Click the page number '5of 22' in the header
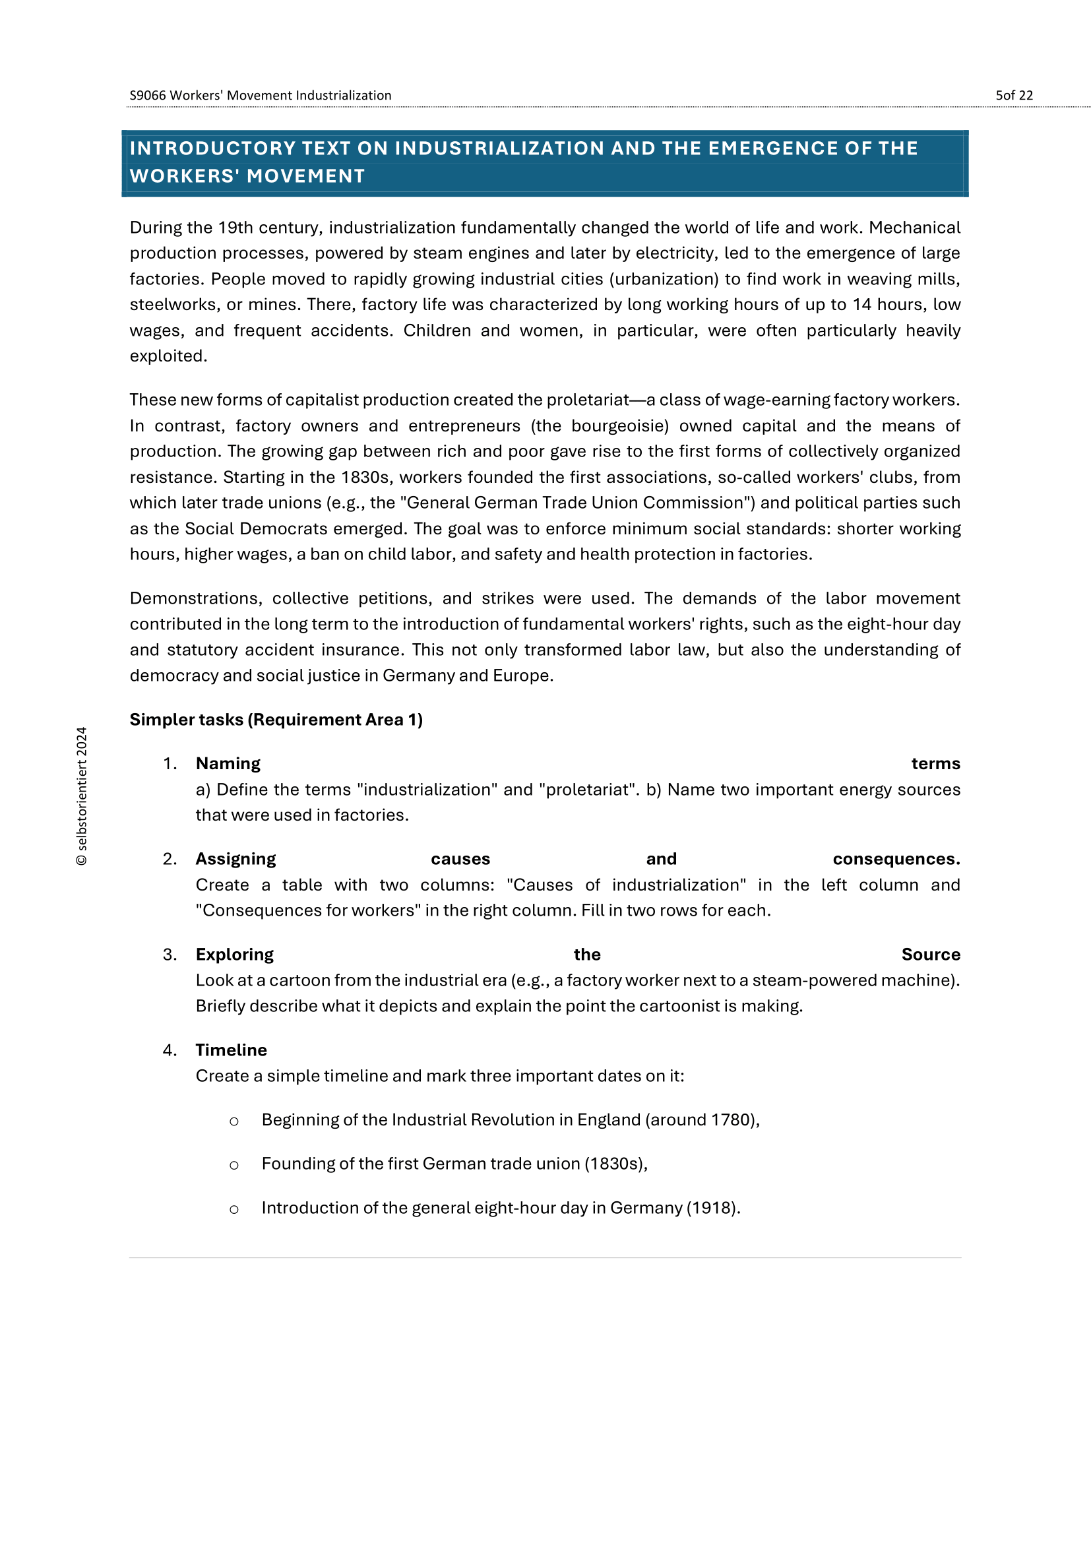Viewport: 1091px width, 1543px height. point(1014,96)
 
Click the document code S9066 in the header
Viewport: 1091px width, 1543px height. point(147,96)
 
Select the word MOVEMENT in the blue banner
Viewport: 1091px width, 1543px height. point(305,176)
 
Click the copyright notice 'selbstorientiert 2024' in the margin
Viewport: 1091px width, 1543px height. point(82,796)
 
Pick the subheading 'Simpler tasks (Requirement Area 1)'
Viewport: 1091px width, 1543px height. point(276,720)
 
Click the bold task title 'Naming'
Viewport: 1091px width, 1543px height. point(228,763)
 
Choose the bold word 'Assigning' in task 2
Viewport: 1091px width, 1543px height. point(235,859)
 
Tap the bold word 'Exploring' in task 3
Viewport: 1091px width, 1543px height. point(234,955)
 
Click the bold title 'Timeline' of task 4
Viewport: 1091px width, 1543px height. point(231,1050)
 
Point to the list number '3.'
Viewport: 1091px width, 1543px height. point(170,955)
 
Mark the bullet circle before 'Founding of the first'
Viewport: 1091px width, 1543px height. point(234,1165)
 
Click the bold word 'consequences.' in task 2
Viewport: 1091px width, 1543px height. point(896,859)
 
